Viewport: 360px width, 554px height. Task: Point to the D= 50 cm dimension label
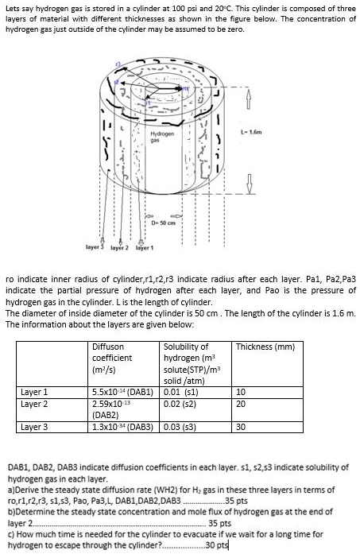[165, 225]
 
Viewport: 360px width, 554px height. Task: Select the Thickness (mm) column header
[265, 347]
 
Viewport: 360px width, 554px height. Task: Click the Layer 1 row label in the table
[34, 392]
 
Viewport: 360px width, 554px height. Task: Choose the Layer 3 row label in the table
[34, 427]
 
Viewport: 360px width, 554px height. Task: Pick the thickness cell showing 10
[242, 392]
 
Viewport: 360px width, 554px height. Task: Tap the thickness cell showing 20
[242, 403]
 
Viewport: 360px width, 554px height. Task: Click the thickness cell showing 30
[242, 427]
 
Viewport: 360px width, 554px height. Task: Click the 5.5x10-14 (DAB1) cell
[122, 392]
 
